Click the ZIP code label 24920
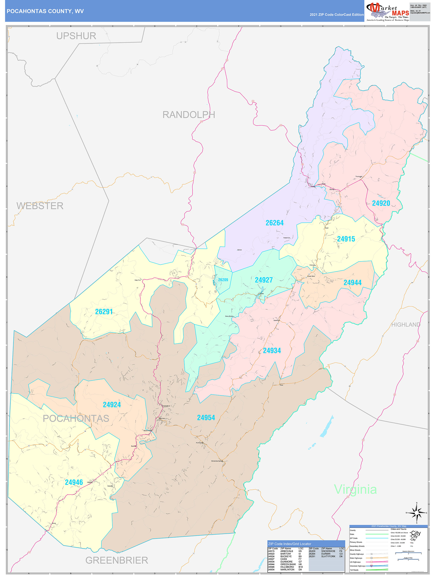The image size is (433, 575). point(381,203)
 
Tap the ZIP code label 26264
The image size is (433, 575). point(274,223)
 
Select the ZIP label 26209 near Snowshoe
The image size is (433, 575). point(223,280)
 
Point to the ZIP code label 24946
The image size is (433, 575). point(74,482)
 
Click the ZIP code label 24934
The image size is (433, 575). point(272,350)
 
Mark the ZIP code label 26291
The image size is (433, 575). point(104,311)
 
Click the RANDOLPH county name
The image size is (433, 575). point(189,115)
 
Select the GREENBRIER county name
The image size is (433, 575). point(117,560)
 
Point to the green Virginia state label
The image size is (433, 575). point(355,489)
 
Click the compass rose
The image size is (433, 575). point(416,513)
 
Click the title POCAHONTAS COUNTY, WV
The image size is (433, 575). point(45,11)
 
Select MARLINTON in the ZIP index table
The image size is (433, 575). point(287,569)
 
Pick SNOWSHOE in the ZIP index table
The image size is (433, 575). point(328,551)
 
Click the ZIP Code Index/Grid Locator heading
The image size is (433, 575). point(289,544)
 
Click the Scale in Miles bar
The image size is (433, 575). point(408,559)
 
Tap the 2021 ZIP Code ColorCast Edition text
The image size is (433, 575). point(337,15)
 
